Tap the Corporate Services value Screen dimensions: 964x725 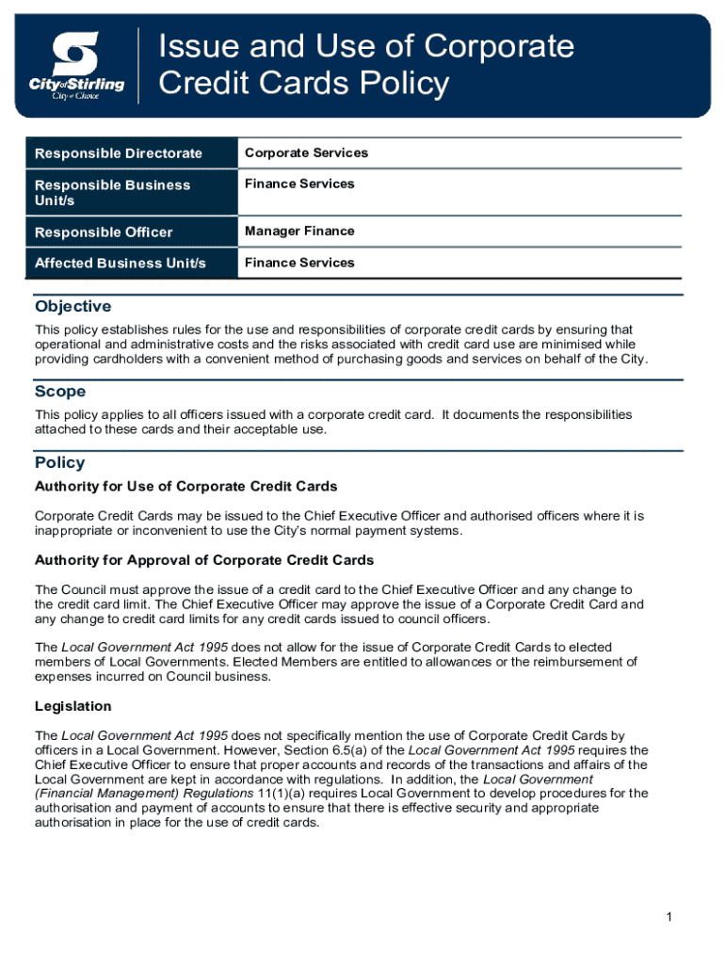(x=306, y=153)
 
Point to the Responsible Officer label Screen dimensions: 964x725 (x=104, y=232)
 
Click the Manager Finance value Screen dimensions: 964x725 (x=299, y=231)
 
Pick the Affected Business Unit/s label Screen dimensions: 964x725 (x=120, y=263)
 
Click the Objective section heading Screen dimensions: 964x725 (x=72, y=307)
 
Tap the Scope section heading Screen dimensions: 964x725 (x=60, y=392)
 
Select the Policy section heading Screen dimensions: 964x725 (x=59, y=463)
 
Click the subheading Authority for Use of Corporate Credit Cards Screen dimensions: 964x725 (x=185, y=487)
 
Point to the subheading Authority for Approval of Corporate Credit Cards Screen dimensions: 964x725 (x=204, y=560)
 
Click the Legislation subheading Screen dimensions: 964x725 (x=73, y=706)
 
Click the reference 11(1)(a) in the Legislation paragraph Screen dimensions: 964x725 (x=266, y=794)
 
